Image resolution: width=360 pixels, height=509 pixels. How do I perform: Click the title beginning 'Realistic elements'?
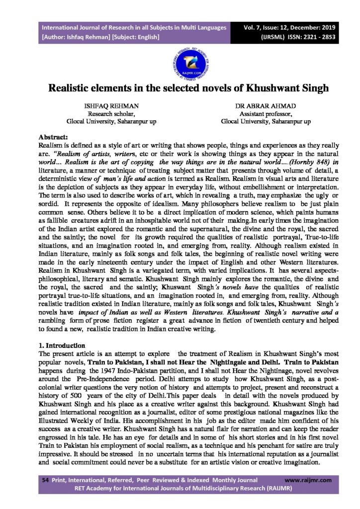[180, 88]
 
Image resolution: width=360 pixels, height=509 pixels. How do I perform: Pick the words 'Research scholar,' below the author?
[105, 114]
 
